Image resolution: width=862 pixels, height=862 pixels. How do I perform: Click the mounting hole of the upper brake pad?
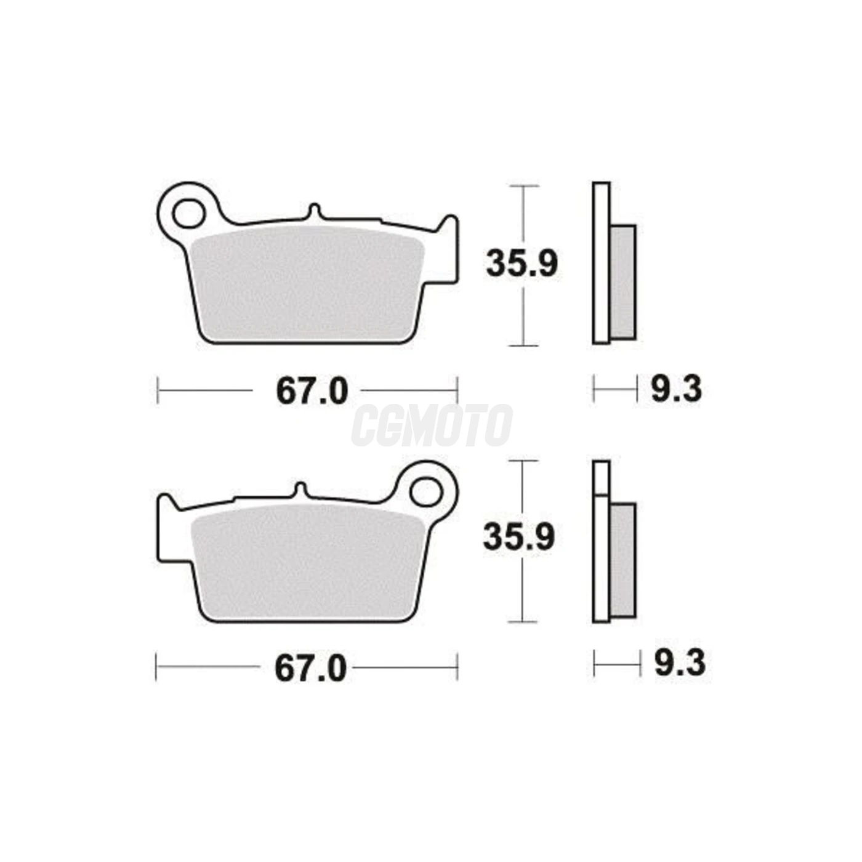[x=189, y=214]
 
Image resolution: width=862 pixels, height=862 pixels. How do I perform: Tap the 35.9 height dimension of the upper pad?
[x=522, y=264]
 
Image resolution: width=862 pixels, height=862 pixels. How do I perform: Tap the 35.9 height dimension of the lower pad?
[x=519, y=538]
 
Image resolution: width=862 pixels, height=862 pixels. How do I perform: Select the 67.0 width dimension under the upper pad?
[x=312, y=391]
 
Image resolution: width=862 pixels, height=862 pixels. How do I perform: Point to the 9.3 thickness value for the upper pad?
[x=676, y=390]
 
